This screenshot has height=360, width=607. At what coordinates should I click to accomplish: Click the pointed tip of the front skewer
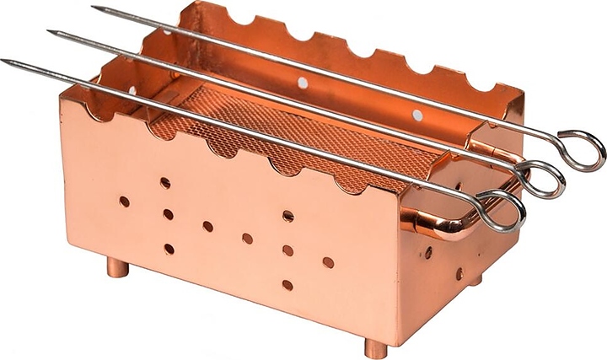[x=4, y=62]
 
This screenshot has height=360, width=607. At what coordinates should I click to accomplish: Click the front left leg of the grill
[x=118, y=268]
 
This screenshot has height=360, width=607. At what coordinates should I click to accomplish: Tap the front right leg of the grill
[x=375, y=347]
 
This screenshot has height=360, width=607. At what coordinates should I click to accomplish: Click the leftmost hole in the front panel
[x=124, y=201]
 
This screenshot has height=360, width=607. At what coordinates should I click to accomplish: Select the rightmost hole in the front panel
[x=328, y=262]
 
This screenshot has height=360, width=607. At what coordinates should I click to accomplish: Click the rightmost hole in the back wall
[x=417, y=115]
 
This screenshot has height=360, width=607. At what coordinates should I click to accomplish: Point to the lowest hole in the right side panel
[x=459, y=273]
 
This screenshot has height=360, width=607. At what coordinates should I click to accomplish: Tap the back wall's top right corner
[x=523, y=93]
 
